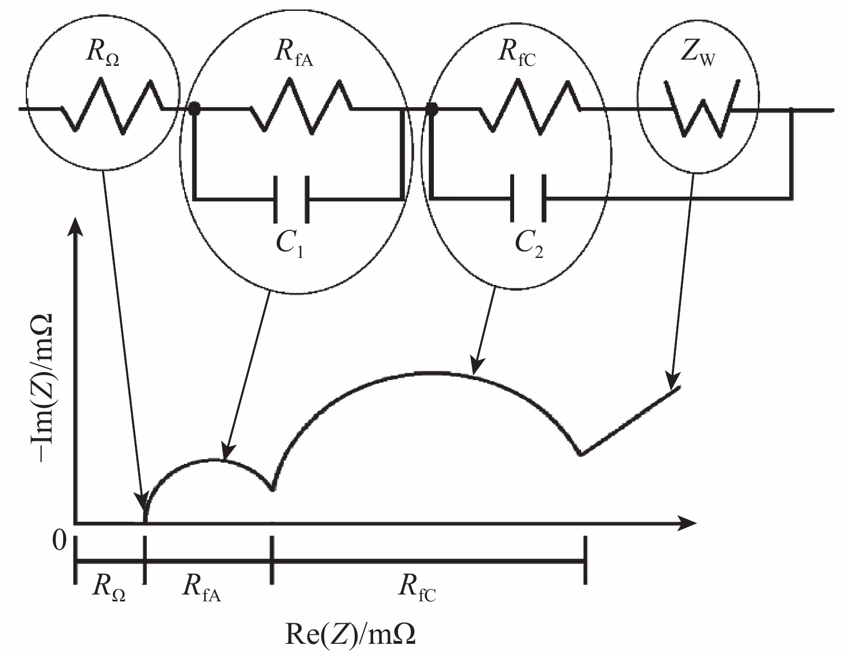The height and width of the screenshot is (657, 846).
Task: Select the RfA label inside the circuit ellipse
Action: pos(293,54)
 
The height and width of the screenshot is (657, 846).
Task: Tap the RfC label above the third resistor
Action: pos(516,54)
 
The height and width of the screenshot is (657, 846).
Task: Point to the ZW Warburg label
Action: pos(698,54)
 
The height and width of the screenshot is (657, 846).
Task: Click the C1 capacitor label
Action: pos(289,244)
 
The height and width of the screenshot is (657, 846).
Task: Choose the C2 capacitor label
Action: pos(528,244)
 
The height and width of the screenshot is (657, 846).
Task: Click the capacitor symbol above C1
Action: pos(292,200)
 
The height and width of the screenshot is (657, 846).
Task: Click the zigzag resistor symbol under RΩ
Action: pos(112,106)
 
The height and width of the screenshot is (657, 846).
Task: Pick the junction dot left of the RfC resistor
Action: pos(432,109)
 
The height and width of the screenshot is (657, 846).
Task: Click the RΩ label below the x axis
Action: pos(109,591)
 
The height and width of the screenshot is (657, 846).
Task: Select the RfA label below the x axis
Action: pos(201,591)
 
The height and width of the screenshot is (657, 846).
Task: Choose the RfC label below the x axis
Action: pos(417,591)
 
